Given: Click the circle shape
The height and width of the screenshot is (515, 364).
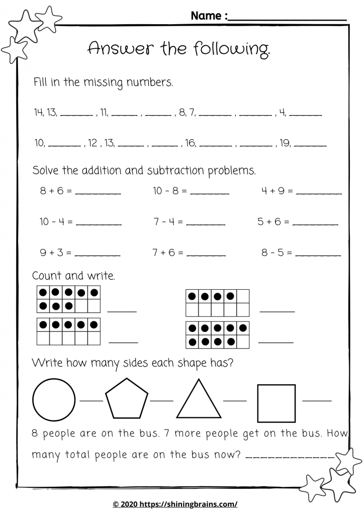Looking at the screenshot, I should (x=54, y=400).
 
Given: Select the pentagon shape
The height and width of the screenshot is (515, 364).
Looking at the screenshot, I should (x=127, y=400).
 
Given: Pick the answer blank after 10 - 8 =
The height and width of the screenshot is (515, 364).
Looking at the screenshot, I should (x=210, y=193).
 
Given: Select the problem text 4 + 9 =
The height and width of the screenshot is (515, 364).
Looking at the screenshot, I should (x=277, y=191).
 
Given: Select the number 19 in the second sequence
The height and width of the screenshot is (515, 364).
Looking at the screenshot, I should (x=285, y=144).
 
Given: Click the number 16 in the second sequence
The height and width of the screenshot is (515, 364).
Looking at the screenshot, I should (x=190, y=144).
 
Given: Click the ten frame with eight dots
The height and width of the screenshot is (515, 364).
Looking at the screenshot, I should (x=68, y=299).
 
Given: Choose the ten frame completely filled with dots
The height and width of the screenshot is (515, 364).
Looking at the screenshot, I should (x=217, y=335).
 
